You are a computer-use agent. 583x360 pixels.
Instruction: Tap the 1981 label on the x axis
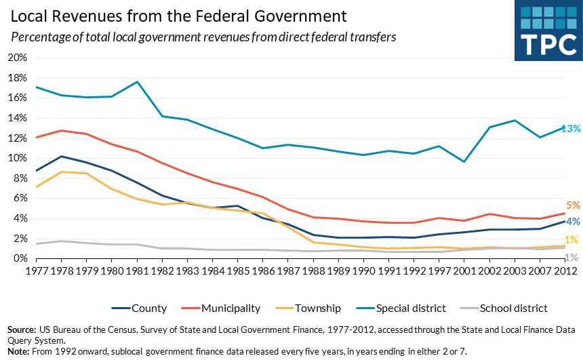click(137, 271)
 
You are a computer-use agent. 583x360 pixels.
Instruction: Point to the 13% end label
click(570, 128)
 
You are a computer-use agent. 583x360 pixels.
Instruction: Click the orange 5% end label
click(573, 205)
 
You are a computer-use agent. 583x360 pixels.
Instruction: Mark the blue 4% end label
click(573, 221)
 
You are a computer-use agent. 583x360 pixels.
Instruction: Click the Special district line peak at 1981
click(137, 82)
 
